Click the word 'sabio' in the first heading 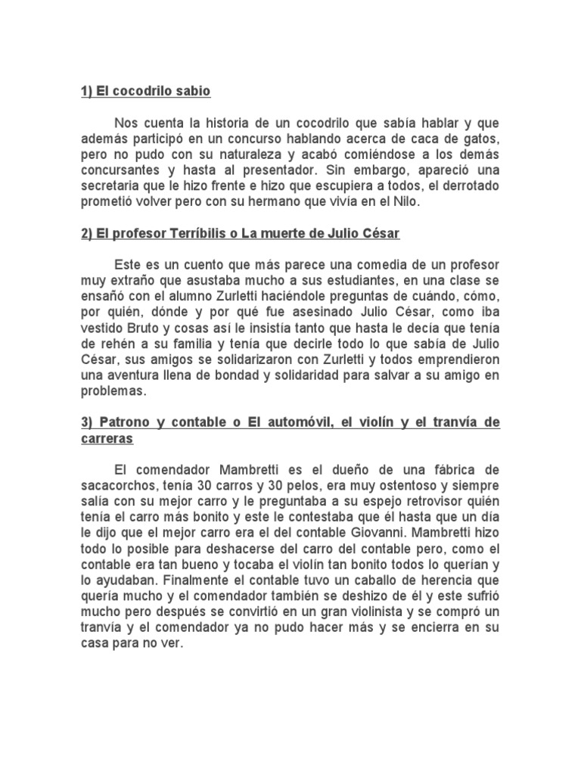(193, 92)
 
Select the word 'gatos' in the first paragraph (480, 140)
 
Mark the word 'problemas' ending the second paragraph (112, 393)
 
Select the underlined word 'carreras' (107, 439)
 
